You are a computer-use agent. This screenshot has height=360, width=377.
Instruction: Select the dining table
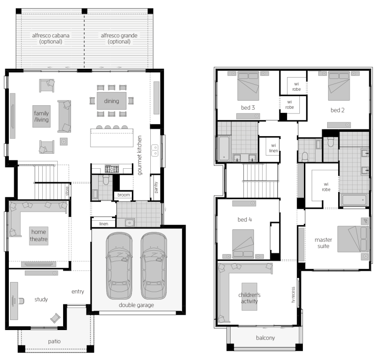coord(112,101)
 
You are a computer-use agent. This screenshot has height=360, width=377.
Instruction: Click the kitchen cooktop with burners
coord(112,169)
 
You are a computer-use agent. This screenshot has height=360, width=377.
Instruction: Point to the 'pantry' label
coord(156,187)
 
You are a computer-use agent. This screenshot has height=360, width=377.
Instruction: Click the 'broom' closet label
coord(123,195)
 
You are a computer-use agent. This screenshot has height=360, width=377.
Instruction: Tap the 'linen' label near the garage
coord(104,224)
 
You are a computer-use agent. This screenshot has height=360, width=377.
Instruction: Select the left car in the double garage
coord(119,266)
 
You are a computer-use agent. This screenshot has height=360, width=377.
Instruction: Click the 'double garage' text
coord(136,305)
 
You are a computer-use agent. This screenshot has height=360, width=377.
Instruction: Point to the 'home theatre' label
coord(38,235)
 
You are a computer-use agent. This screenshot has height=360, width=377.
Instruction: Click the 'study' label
coord(41,300)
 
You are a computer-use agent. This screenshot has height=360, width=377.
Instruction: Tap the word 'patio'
coord(54,341)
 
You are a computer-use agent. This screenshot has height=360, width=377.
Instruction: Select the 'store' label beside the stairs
coord(67,191)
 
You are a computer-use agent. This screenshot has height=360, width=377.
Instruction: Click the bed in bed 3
coord(248,86)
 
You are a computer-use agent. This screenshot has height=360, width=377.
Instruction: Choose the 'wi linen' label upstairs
coord(273,148)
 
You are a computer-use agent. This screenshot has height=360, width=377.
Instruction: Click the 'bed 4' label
coord(245,219)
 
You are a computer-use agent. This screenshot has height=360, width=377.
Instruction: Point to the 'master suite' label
coord(323,243)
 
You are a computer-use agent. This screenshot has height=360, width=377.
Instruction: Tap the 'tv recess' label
coord(293,295)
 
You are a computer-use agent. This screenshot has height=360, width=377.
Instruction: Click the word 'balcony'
coord(265,338)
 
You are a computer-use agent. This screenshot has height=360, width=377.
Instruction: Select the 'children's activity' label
coord(249,298)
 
